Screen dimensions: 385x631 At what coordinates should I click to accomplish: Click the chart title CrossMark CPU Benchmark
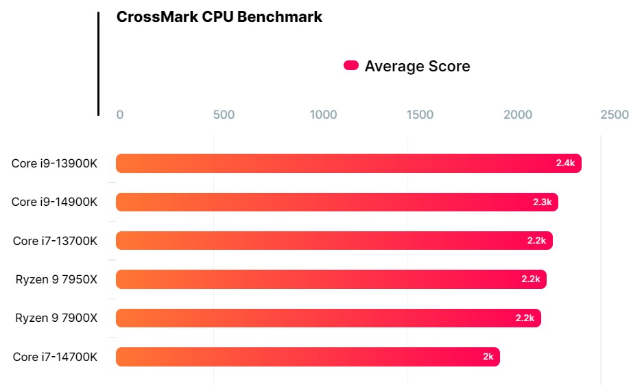pyautogui.click(x=219, y=17)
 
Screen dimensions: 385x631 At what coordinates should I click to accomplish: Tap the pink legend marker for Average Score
pyautogui.click(x=351, y=66)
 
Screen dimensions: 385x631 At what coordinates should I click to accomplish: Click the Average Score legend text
pyautogui.click(x=417, y=67)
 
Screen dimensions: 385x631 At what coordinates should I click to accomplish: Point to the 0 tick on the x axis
pyautogui.click(x=120, y=115)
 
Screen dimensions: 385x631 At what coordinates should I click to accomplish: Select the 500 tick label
pyautogui.click(x=224, y=115)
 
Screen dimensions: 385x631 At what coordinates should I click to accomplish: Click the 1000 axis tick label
pyautogui.click(x=323, y=115)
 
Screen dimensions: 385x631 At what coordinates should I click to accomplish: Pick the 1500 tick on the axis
pyautogui.click(x=420, y=115)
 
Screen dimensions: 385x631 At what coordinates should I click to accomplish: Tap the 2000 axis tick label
pyautogui.click(x=518, y=115)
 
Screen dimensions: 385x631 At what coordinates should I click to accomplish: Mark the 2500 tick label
pyautogui.click(x=614, y=115)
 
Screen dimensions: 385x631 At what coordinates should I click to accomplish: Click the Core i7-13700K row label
pyautogui.click(x=56, y=241)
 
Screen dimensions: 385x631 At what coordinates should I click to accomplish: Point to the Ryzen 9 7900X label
pyautogui.click(x=57, y=318)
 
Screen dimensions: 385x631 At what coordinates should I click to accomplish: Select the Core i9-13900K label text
pyautogui.click(x=55, y=163)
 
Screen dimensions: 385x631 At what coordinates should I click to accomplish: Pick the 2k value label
pyautogui.click(x=488, y=357)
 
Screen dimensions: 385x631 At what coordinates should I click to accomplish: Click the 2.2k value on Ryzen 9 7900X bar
pyautogui.click(x=525, y=318)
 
